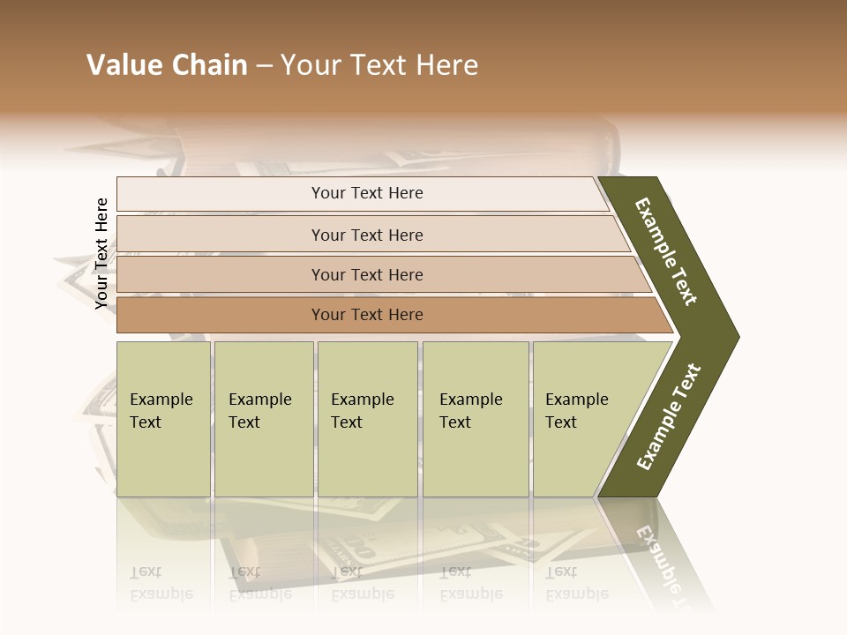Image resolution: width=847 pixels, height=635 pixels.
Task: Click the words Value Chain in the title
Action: coord(167,65)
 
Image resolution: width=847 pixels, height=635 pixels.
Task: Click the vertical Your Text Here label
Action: coord(101,253)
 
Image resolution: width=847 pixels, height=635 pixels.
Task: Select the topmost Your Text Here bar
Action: coord(367,193)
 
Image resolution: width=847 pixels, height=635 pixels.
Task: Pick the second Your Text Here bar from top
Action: coord(367,235)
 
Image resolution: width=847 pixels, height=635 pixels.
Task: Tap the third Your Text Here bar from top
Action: coord(367,274)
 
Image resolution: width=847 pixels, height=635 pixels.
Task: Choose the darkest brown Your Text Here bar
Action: coord(367,315)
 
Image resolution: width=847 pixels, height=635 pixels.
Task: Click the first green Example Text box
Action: coord(163,418)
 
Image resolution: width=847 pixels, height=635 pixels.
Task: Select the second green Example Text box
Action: coord(263,418)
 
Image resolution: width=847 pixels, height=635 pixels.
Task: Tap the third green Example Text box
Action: coord(367,418)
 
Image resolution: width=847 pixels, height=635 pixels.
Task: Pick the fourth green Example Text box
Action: coord(476,418)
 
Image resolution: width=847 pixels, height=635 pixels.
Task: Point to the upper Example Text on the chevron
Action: coord(666,251)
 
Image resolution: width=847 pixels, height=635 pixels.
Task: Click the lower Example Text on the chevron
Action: coord(669,416)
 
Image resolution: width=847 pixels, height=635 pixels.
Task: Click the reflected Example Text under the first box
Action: coord(161,583)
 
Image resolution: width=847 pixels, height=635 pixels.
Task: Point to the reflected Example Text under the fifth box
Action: coord(576,583)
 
